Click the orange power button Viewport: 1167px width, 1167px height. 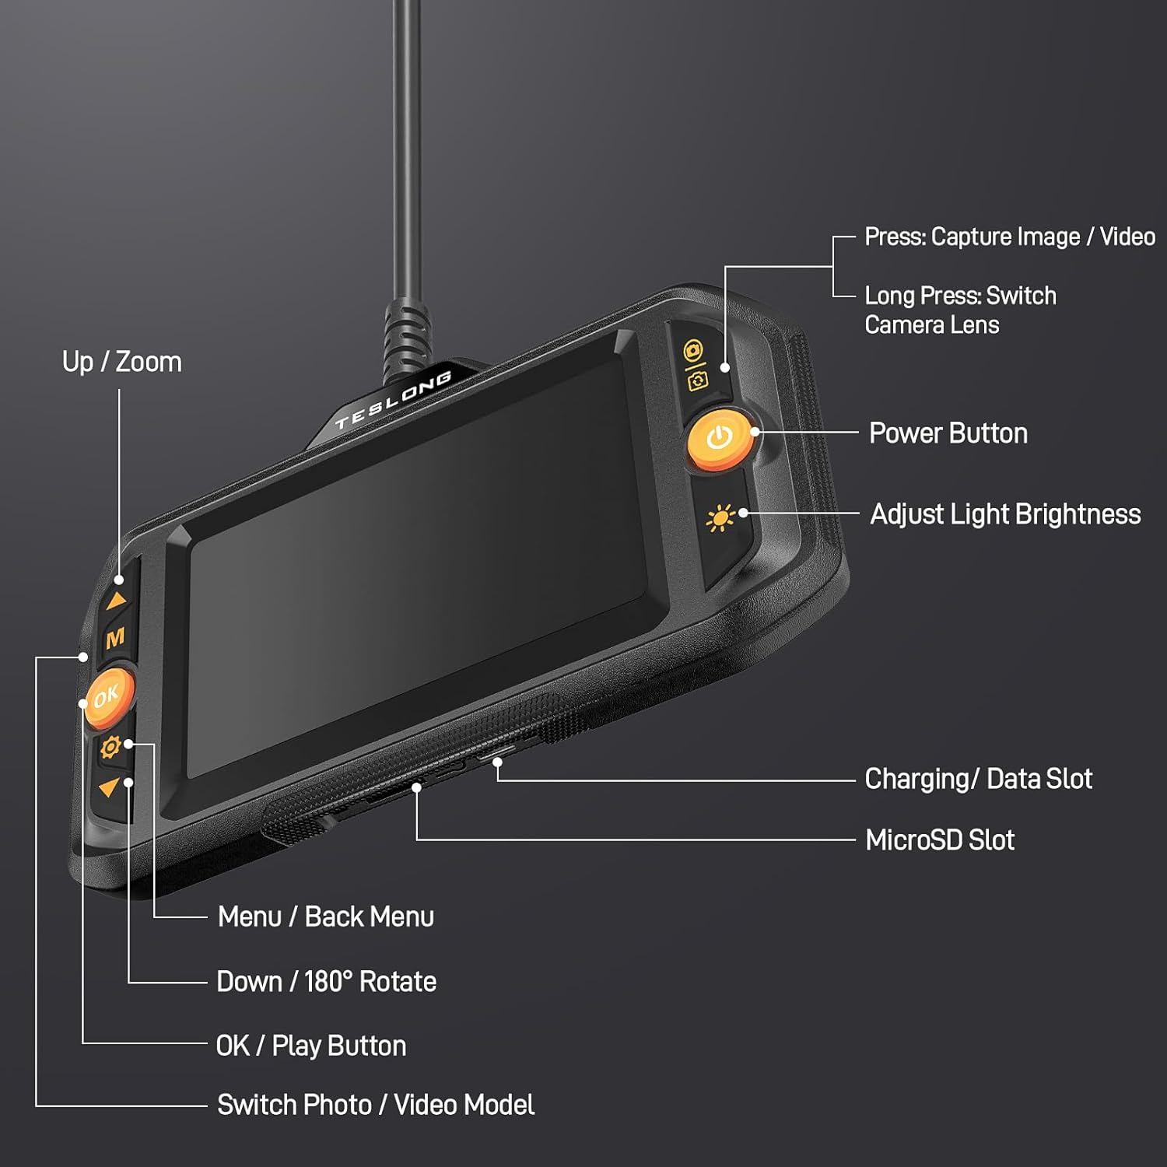coord(720,440)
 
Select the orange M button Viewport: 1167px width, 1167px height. coord(115,639)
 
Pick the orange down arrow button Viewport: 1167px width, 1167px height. coord(108,787)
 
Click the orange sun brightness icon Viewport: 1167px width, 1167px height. coord(720,518)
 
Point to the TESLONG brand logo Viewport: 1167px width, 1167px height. coord(393,401)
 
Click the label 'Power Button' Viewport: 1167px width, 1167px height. coord(948,433)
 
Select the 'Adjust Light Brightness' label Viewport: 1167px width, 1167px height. coord(1005,514)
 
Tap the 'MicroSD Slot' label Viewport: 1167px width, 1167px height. coord(940,840)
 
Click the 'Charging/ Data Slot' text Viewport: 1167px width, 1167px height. coord(979,779)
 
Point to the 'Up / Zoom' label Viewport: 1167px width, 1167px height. coord(122,362)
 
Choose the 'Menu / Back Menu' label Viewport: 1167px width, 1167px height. coord(326,916)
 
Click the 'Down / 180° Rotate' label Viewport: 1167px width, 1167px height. coord(327,982)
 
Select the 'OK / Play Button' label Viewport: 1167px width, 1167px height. coord(311,1046)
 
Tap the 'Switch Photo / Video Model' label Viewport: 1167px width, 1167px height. coord(376,1105)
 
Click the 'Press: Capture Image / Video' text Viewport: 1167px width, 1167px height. coord(1010,237)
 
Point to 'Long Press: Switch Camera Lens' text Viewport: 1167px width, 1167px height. coord(961,310)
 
